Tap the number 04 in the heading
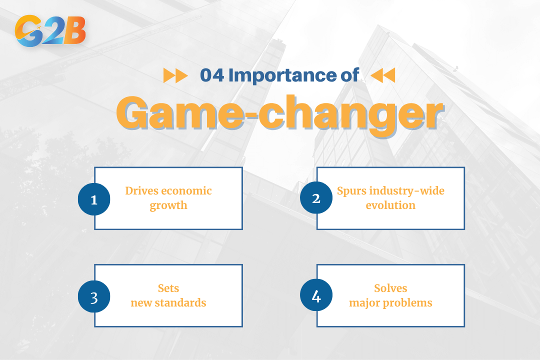point(212,75)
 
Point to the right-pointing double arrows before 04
point(175,75)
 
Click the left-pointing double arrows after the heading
point(383,75)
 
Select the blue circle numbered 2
point(316,198)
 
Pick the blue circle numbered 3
point(94,297)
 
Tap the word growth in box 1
point(168,205)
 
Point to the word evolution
point(390,205)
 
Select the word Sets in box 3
point(168,288)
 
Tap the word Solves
point(390,288)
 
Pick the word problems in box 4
point(409,303)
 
